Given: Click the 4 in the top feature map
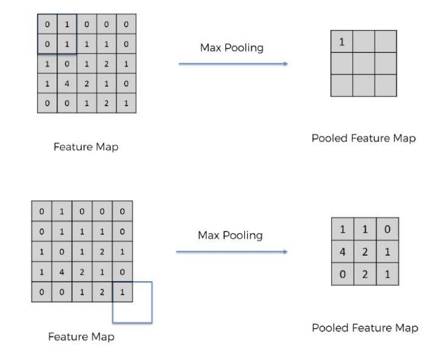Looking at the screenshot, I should coord(67,83).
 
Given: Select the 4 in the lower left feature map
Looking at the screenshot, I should coord(62,273).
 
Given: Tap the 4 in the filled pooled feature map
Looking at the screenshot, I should coord(342,251).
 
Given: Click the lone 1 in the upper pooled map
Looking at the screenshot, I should coord(341,42).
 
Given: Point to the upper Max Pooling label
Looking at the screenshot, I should coord(233,47).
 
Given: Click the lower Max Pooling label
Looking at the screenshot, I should coord(230,235).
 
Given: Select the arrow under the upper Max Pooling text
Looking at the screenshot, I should coord(233,63).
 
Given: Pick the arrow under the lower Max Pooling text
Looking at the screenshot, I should coord(231,251).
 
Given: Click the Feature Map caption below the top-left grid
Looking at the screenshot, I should coord(86,147).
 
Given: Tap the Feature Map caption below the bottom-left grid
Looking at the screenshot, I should coord(81,336).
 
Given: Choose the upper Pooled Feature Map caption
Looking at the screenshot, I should coord(363,138).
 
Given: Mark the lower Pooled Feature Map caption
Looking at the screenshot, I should coord(364,328).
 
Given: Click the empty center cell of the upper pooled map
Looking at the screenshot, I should coord(363,64).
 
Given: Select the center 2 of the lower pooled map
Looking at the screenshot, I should coord(364,251).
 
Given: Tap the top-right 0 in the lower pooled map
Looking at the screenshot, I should coord(388,229).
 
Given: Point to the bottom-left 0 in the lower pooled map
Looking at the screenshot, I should coord(342,274).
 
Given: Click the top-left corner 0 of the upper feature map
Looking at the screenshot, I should coord(47,24).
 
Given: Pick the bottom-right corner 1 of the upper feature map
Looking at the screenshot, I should coord(126,103).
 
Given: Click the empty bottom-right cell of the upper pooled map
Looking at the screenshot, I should coord(386,86).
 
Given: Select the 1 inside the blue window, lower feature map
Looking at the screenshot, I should coord(122,293).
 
